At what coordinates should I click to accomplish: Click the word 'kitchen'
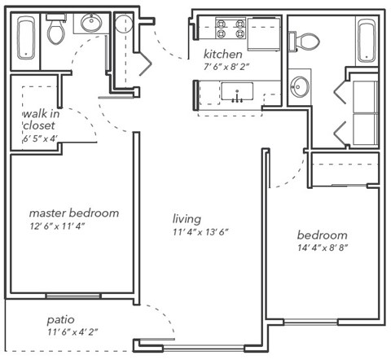[222, 54]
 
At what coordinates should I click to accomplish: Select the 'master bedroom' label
[74, 213]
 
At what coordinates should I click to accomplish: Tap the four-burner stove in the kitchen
[230, 30]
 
